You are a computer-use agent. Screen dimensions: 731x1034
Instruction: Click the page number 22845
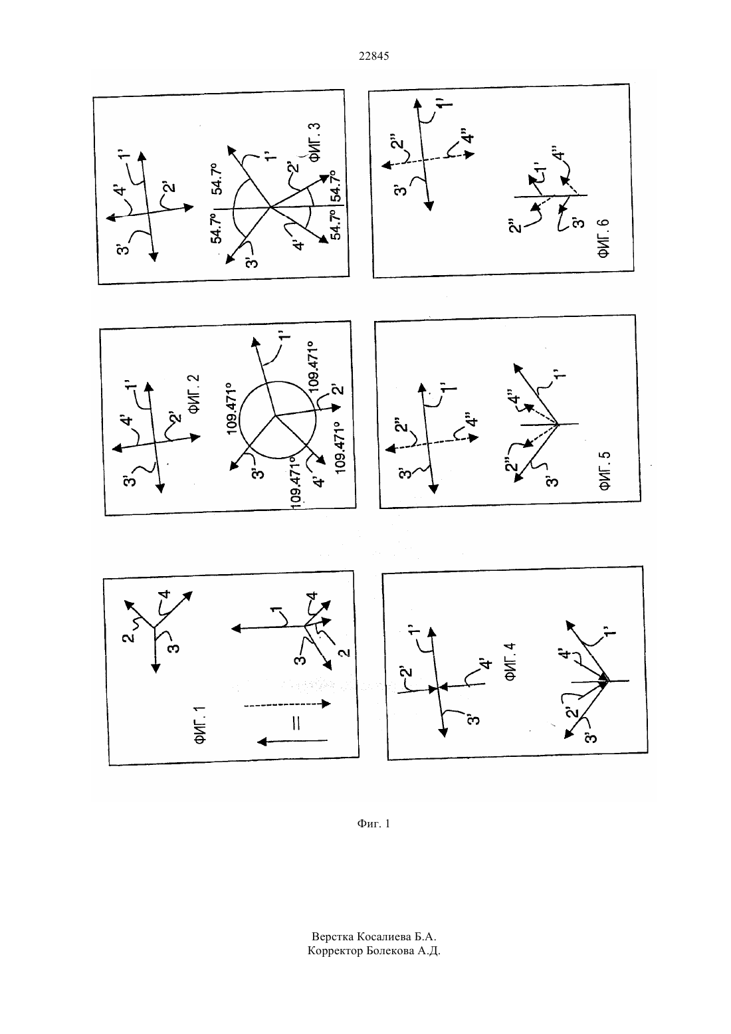pos(373,56)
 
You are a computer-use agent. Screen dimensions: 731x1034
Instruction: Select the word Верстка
pos(333,936)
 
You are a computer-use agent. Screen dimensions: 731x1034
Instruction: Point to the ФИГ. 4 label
pos(510,662)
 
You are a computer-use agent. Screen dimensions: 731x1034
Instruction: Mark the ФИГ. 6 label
pos(603,238)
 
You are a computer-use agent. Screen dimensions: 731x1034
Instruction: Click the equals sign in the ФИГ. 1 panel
pos(296,722)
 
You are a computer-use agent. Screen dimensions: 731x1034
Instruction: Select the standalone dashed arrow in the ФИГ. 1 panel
pos(287,704)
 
